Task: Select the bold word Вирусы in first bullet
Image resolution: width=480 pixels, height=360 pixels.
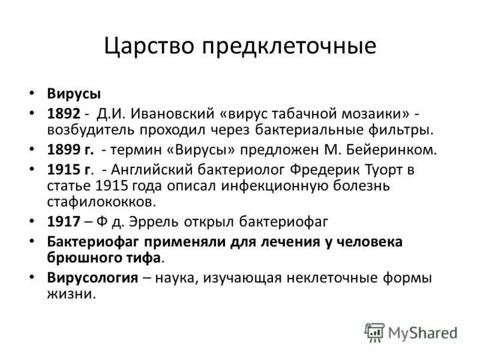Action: [74, 94]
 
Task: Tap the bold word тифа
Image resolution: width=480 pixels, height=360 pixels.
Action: [144, 257]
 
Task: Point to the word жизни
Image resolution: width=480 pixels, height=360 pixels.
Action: [70, 294]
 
